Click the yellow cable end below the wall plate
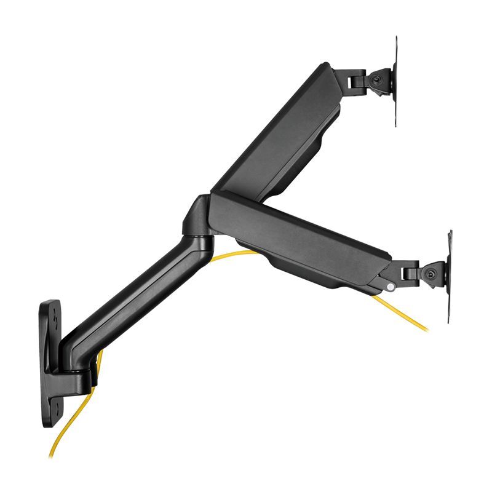pyautogui.click(x=52, y=452)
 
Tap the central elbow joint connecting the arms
pyautogui.click(x=198, y=218)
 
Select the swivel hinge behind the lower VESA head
pyautogui.click(x=409, y=271)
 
